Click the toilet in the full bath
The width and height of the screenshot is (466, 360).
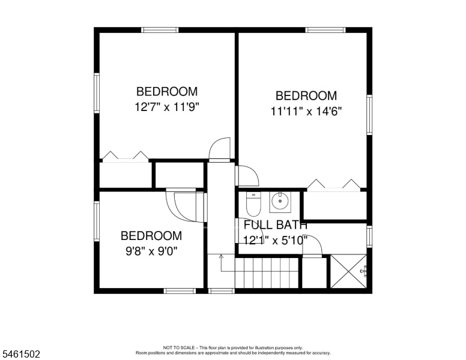click(x=253, y=204)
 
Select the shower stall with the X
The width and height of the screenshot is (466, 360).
click(x=349, y=271)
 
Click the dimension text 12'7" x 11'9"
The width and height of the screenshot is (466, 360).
click(x=167, y=107)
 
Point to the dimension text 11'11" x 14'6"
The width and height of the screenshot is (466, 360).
click(x=306, y=112)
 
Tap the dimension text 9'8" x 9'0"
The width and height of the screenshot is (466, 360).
click(x=151, y=251)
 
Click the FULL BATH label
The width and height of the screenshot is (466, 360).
click(x=275, y=225)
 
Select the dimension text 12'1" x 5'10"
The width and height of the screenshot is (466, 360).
click(x=275, y=240)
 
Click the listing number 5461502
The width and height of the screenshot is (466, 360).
click(x=21, y=354)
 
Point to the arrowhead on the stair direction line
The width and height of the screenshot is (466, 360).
click(x=221, y=256)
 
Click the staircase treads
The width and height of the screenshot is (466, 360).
click(x=267, y=273)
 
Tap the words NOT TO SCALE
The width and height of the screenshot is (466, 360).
click(x=179, y=347)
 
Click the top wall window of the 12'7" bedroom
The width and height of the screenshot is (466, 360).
click(x=160, y=30)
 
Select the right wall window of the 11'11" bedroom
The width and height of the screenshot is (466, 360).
click(x=369, y=115)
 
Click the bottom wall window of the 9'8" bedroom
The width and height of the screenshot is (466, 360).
click(x=180, y=291)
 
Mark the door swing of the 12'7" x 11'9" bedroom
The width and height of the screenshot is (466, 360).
click(x=219, y=149)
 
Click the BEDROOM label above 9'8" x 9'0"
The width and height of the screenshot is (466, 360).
click(x=151, y=236)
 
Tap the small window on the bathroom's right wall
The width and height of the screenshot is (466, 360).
click(x=369, y=236)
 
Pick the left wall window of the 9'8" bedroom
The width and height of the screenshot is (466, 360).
click(x=97, y=221)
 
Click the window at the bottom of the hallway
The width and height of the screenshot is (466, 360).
click(x=221, y=291)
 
